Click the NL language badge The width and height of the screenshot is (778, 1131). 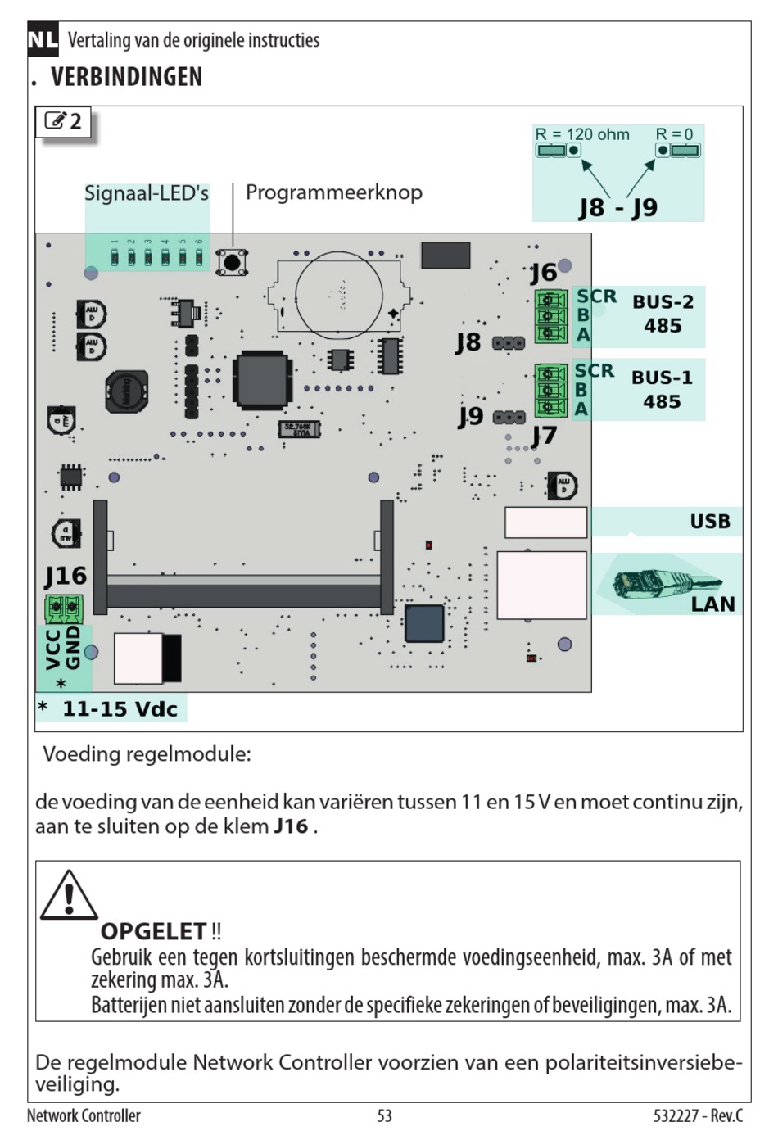pos(43,39)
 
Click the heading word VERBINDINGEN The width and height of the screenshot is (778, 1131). pos(127,77)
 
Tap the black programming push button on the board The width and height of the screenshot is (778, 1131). pos(232,262)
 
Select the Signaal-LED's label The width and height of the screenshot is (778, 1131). pos(147,193)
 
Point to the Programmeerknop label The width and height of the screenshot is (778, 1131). pos(333,193)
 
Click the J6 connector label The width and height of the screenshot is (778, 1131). pos(543,274)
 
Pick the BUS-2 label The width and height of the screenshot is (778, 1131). pos(663,301)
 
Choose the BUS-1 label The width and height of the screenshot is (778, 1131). pos(662,378)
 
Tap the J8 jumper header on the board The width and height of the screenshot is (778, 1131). pos(509,343)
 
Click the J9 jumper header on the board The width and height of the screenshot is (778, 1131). pos(509,418)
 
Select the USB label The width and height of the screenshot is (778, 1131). pos(710,521)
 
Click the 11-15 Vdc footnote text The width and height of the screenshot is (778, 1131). pos(120,709)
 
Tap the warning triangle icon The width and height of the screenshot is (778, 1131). pos(69,895)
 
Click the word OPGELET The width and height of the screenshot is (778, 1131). pos(153,931)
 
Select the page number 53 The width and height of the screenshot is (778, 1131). pos(385,1115)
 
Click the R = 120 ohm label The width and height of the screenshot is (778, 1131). pos(582,134)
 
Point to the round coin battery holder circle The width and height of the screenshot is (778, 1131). pos(339,296)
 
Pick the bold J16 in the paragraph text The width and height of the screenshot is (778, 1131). pos(291,826)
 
